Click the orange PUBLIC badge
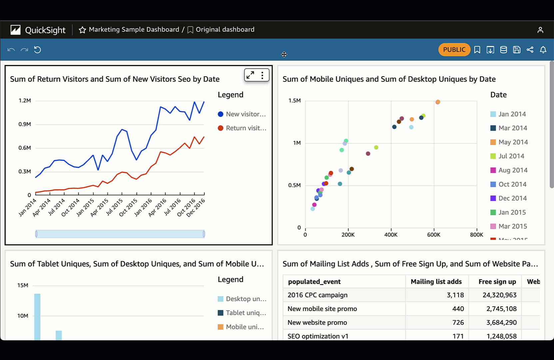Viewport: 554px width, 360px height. (454, 50)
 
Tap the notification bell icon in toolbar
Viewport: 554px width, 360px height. (543, 50)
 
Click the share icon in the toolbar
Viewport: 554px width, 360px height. (530, 50)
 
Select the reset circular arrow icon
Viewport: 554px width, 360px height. (37, 50)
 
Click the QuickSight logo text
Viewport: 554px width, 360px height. (45, 30)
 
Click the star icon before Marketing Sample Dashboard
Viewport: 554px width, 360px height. (82, 30)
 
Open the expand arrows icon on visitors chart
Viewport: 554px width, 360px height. (250, 75)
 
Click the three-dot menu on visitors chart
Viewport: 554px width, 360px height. (263, 75)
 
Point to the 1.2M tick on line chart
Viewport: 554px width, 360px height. (25, 100)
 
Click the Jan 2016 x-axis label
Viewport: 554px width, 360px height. (143, 207)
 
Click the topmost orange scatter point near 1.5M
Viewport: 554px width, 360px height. (438, 102)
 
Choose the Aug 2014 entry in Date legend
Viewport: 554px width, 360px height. (513, 170)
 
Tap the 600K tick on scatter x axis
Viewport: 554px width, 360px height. (433, 235)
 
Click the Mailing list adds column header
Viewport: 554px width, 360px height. (436, 282)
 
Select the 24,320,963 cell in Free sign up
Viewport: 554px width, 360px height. (499, 295)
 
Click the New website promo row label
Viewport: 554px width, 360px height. (317, 322)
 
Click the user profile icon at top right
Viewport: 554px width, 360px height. (540, 30)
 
